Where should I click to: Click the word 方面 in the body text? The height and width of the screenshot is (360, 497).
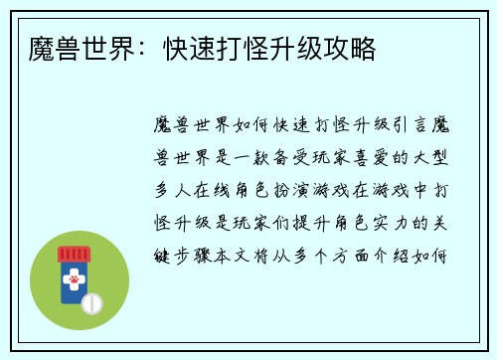[366, 250]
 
